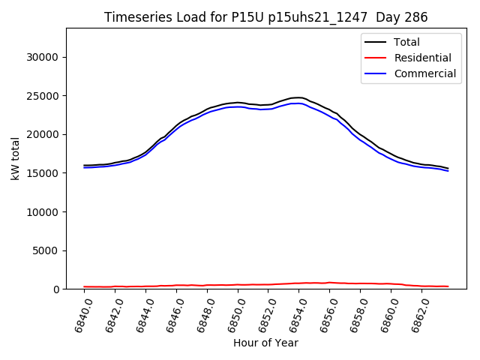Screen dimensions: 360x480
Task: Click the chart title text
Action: tap(266, 17)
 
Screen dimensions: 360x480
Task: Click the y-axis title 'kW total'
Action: tap(16, 158)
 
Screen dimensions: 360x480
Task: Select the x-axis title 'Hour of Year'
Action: tap(265, 343)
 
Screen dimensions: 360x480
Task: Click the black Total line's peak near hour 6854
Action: tap(298, 97)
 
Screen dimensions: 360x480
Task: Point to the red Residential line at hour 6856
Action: tap(328, 283)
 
